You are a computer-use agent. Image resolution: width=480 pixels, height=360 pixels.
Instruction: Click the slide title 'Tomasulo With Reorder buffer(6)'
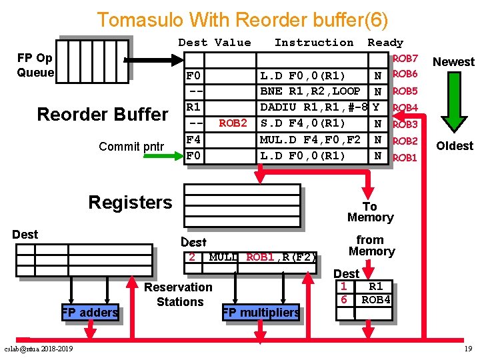(242, 19)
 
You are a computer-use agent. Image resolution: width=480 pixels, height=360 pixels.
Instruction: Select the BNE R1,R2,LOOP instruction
(310, 91)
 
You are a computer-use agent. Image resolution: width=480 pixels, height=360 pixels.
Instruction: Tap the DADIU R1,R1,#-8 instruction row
(314, 107)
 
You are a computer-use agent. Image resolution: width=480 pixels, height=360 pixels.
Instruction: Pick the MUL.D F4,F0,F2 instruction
(310, 139)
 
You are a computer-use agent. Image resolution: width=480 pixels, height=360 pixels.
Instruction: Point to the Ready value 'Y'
(378, 107)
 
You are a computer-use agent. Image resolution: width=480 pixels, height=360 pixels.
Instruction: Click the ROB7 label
(405, 59)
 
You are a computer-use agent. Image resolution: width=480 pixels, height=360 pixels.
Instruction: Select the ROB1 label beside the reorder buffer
(405, 158)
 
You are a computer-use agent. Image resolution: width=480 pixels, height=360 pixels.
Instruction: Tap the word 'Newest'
(453, 62)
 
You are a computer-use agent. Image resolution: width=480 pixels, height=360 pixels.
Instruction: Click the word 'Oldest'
(455, 146)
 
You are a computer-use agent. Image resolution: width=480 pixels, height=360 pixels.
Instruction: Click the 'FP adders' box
(89, 312)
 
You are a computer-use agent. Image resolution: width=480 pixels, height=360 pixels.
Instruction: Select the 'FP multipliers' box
(261, 312)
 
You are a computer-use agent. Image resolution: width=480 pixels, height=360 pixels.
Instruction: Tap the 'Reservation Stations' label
(178, 295)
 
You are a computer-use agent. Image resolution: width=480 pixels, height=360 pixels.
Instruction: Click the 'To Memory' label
(370, 212)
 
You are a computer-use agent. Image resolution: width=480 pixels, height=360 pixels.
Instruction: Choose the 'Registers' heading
(130, 203)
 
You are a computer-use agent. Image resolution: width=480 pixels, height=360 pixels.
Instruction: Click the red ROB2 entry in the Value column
(233, 123)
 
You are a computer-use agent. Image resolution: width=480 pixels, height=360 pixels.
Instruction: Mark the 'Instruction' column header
(314, 43)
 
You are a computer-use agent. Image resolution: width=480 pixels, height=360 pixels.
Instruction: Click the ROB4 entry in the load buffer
(376, 300)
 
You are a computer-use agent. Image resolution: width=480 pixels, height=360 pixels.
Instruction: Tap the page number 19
(469, 349)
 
